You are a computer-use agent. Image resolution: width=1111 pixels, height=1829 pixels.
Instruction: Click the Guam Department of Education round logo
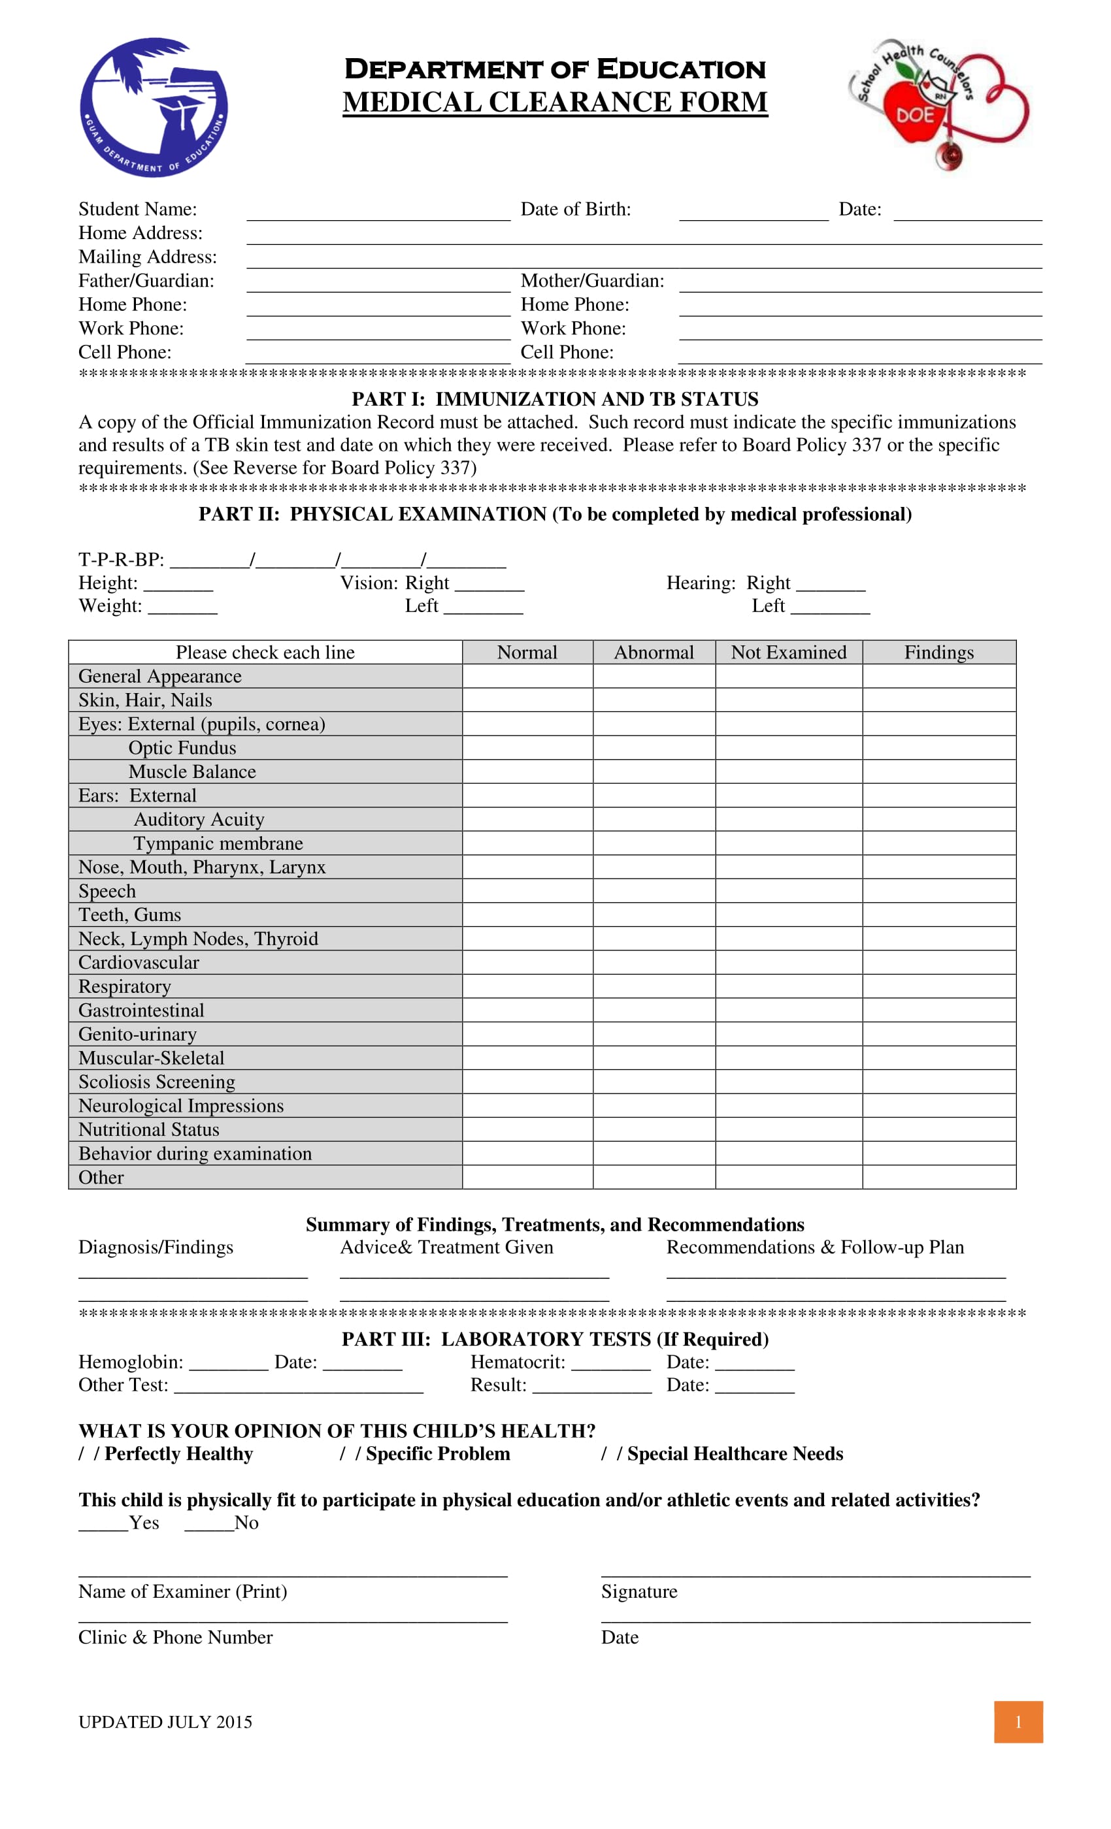click(x=154, y=108)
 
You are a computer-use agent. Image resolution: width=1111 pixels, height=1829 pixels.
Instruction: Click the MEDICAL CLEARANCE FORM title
click(x=555, y=103)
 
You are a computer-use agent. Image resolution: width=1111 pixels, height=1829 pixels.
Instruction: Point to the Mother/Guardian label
click(x=592, y=281)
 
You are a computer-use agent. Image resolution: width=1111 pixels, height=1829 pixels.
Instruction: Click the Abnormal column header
click(x=654, y=653)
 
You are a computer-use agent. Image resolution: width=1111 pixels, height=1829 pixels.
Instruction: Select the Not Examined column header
click(x=788, y=653)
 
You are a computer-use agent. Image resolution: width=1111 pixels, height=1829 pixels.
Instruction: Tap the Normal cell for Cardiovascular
click(x=527, y=963)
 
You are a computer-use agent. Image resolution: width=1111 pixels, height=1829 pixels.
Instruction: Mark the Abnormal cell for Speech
click(x=654, y=891)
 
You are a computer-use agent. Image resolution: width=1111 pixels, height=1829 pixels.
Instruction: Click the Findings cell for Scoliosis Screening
click(x=938, y=1082)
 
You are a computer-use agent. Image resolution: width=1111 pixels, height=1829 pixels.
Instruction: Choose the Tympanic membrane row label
click(x=218, y=843)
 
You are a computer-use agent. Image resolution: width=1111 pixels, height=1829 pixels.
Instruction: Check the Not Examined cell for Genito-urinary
click(x=788, y=1034)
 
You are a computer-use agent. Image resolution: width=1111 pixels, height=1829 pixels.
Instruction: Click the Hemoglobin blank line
click(x=228, y=1363)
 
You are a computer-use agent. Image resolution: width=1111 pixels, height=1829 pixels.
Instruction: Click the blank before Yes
click(x=103, y=1524)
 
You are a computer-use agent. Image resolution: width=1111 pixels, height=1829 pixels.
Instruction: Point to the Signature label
click(x=638, y=1593)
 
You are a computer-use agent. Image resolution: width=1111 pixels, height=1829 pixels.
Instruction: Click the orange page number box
click(x=1018, y=1722)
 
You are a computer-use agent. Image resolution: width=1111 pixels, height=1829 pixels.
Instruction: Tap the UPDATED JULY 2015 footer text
click(x=165, y=1722)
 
